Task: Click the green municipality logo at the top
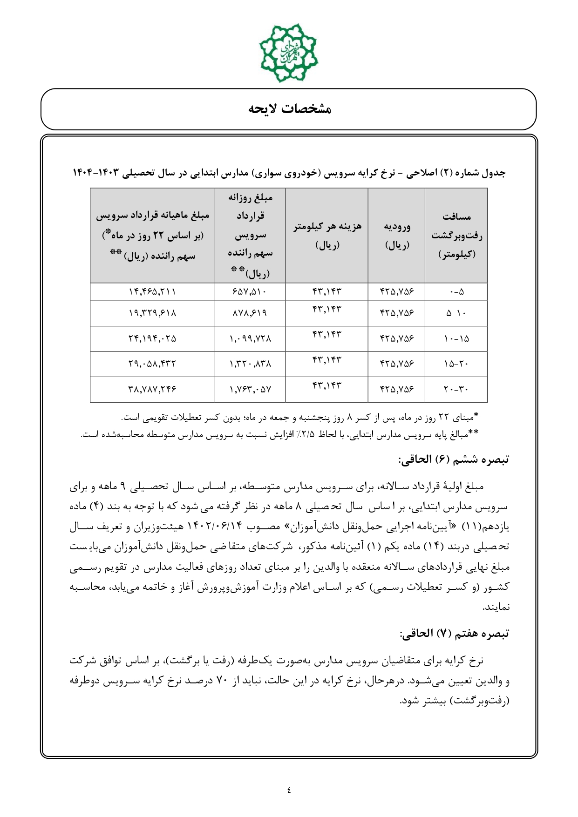coord(288,53)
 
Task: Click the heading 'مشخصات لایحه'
coord(289,109)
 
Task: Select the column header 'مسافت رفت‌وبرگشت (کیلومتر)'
coord(456,236)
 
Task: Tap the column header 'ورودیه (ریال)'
coord(396,236)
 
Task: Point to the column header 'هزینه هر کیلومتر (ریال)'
coord(326,236)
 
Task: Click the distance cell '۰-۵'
coord(456,292)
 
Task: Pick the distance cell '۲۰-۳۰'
coord(456,390)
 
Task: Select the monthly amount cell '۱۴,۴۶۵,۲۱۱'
coord(152,292)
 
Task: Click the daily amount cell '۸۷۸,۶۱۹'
coord(250,314)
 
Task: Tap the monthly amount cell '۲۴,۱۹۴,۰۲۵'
coord(152,339)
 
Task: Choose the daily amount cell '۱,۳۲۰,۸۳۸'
coord(250,365)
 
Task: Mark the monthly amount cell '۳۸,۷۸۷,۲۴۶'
coord(152,390)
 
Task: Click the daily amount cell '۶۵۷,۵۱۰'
coord(250,292)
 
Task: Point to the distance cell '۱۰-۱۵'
coord(456,339)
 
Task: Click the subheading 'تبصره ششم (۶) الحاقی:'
coord(454,460)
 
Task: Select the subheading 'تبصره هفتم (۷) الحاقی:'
coord(454,634)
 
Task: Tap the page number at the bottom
coord(289,790)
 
